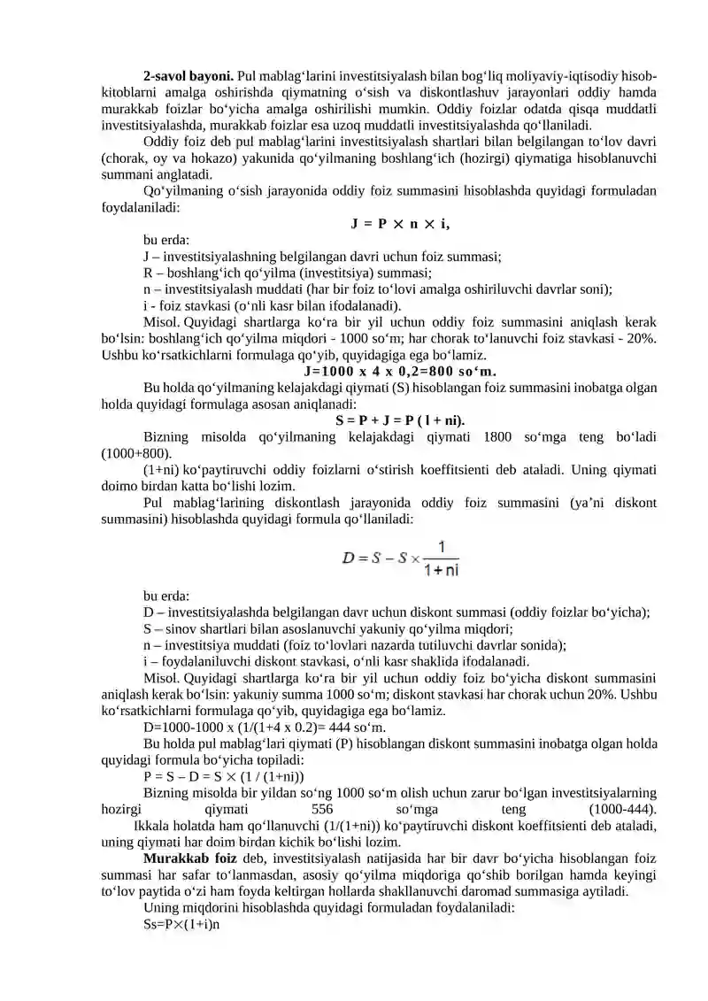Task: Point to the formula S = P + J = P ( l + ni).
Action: [x=401, y=419]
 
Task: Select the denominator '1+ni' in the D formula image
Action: [x=441, y=571]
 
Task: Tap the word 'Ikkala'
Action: [x=151, y=826]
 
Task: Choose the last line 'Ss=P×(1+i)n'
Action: [x=181, y=924]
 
